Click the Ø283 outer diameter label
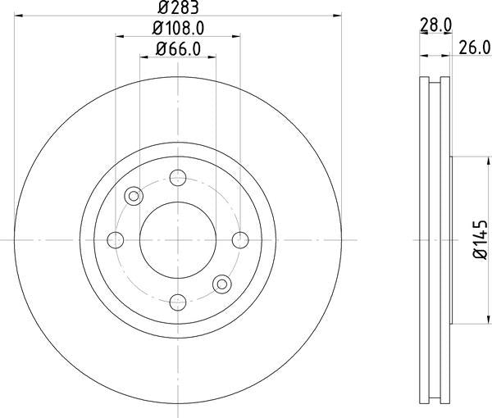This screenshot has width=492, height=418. click(177, 7)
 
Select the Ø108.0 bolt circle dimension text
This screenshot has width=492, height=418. click(177, 29)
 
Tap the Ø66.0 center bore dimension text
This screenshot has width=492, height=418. click(177, 49)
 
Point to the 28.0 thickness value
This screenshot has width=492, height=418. click(435, 25)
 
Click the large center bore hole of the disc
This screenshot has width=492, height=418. click(177, 239)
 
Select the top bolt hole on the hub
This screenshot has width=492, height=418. click(177, 176)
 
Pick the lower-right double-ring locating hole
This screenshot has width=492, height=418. click(221, 284)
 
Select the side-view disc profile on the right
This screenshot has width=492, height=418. click(435, 239)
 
